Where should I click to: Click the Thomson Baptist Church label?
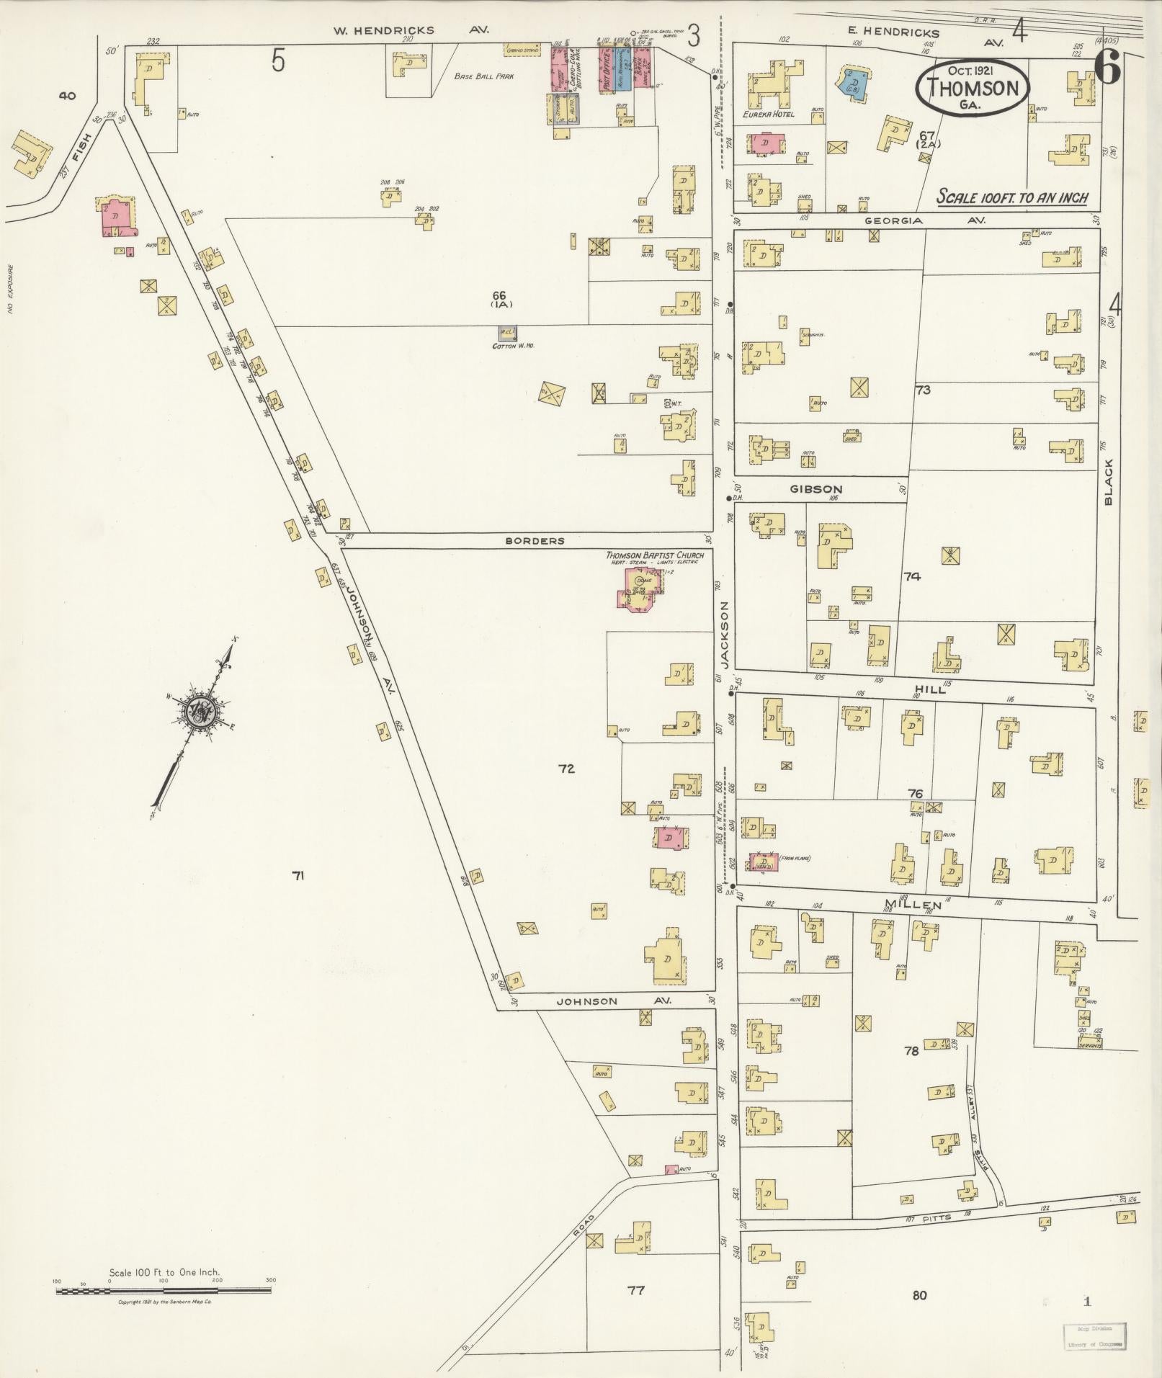654,555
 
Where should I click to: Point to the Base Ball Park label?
484,76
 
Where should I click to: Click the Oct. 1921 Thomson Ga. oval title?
972,86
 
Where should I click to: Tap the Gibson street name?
815,489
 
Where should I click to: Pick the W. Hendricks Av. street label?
410,30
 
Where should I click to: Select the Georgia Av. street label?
924,220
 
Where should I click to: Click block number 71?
298,876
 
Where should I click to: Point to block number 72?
566,769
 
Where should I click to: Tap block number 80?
919,1295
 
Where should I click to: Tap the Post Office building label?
607,71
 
